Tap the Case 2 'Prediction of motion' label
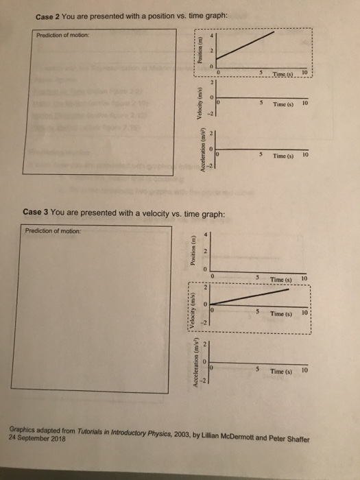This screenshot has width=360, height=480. tap(61, 36)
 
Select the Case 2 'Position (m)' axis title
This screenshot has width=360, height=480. tap(199, 52)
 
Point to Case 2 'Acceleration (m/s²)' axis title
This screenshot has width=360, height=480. tap(199, 152)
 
